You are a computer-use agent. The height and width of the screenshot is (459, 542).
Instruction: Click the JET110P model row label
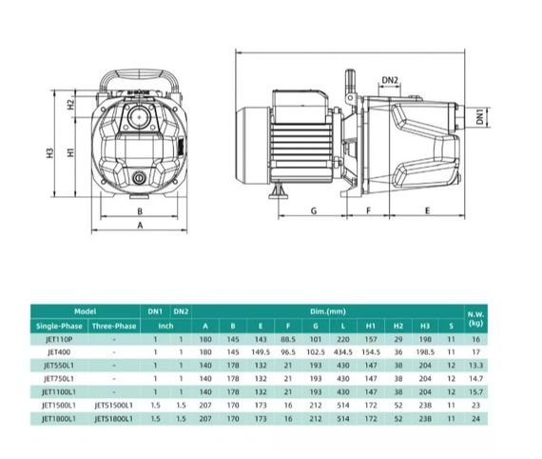(56, 338)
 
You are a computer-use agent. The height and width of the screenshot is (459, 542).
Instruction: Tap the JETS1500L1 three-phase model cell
(113, 405)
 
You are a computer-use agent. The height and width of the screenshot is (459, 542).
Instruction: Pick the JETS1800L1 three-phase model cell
(113, 418)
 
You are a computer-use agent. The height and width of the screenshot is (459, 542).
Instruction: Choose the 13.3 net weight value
(475, 365)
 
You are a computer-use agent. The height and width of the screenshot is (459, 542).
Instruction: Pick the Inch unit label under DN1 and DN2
(166, 325)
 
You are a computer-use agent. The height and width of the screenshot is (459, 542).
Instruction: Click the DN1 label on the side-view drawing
(481, 115)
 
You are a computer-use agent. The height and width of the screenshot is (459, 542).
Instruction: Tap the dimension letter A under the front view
(140, 226)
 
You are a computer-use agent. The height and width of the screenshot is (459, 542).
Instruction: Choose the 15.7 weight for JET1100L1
(475, 391)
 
